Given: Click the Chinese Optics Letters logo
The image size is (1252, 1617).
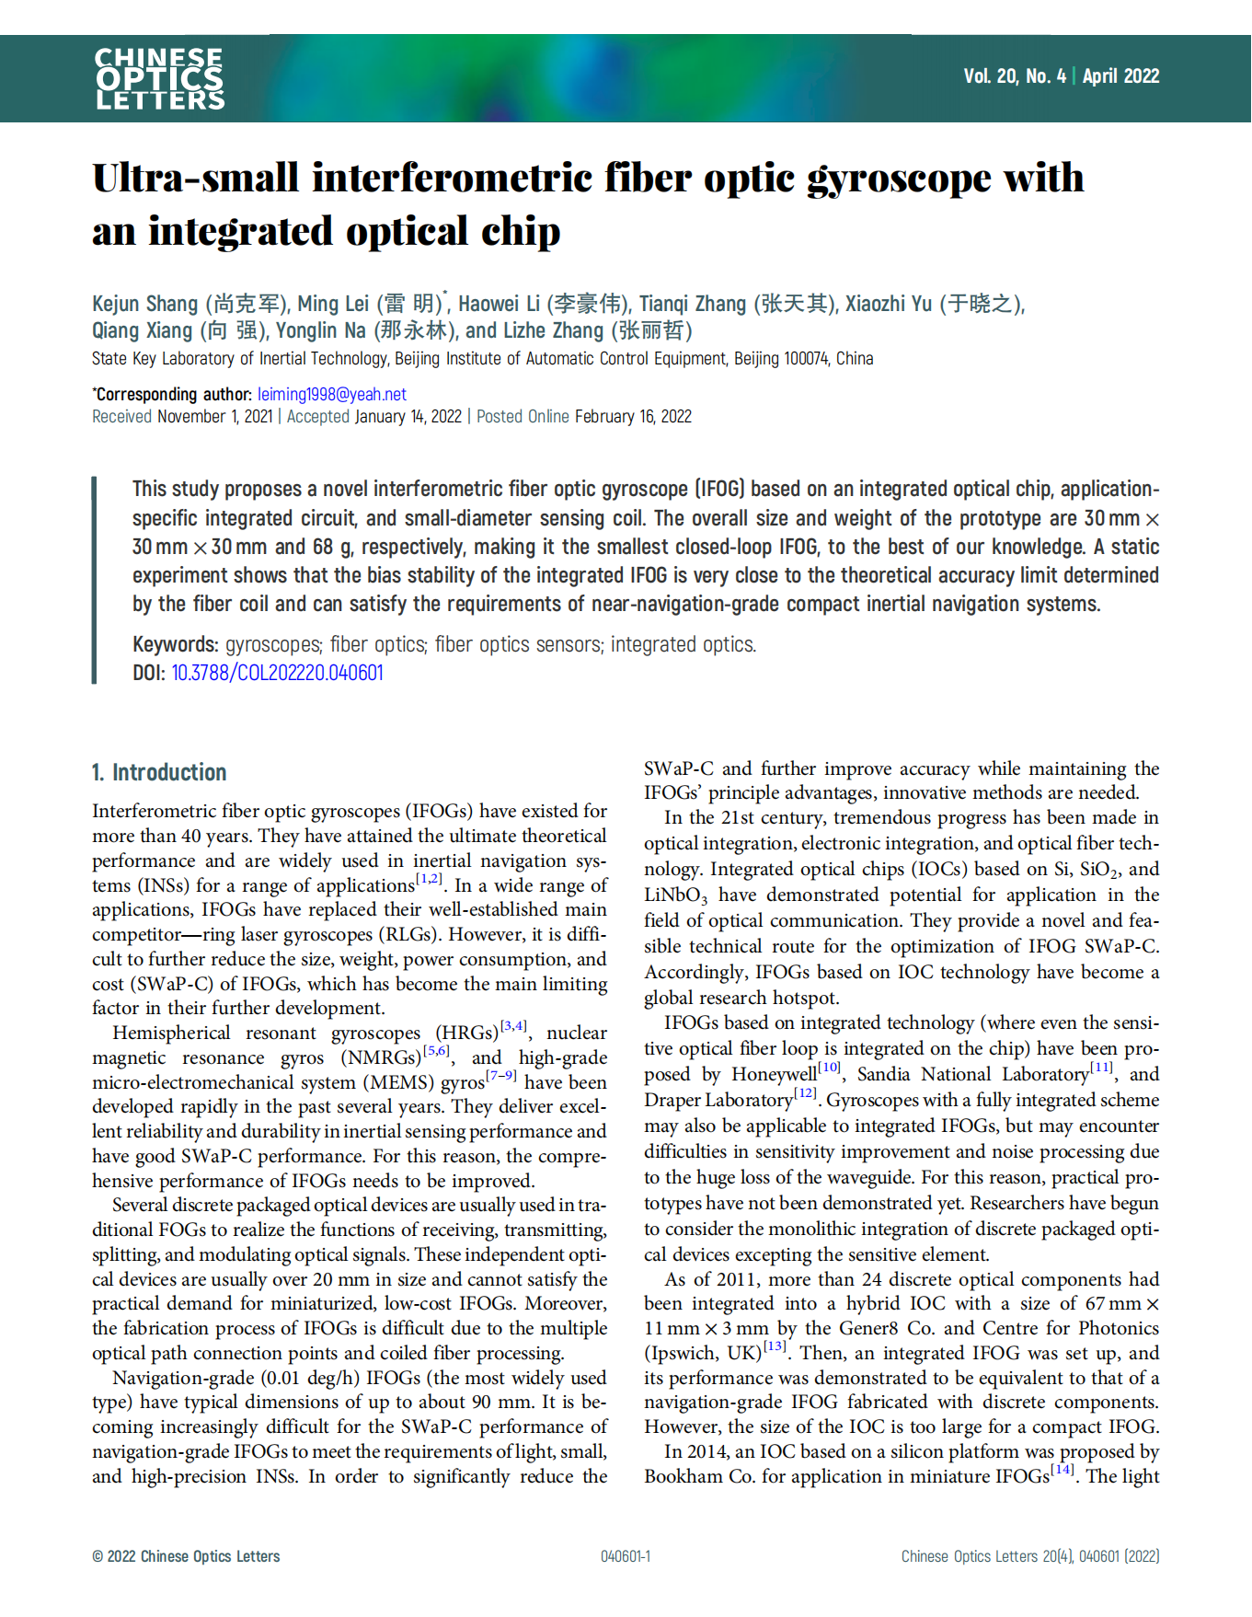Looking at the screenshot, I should pos(159,79).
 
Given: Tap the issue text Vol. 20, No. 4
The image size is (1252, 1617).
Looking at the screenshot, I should pos(1014,76).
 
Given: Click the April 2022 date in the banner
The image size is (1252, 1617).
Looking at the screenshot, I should pos(1120,76).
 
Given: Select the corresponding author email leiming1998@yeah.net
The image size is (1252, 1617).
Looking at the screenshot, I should pos(331,395).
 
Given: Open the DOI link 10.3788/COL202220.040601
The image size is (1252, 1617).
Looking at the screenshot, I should pos(277,673).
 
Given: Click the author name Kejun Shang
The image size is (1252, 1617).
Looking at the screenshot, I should pos(144,305).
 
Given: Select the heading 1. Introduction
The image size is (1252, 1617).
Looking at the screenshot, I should pos(159,772).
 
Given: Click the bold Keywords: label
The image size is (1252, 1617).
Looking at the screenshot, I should pos(175,644).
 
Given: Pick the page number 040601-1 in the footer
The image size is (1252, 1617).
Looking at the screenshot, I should pos(626,1556).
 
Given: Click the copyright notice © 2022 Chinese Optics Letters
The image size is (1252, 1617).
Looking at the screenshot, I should pos(186,1556).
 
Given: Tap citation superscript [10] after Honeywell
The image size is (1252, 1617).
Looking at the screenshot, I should pos(829,1068).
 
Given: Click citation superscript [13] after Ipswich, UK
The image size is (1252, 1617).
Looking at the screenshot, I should pos(775,1347).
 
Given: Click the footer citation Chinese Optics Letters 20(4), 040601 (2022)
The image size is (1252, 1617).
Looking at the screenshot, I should pos(1029,1556).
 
